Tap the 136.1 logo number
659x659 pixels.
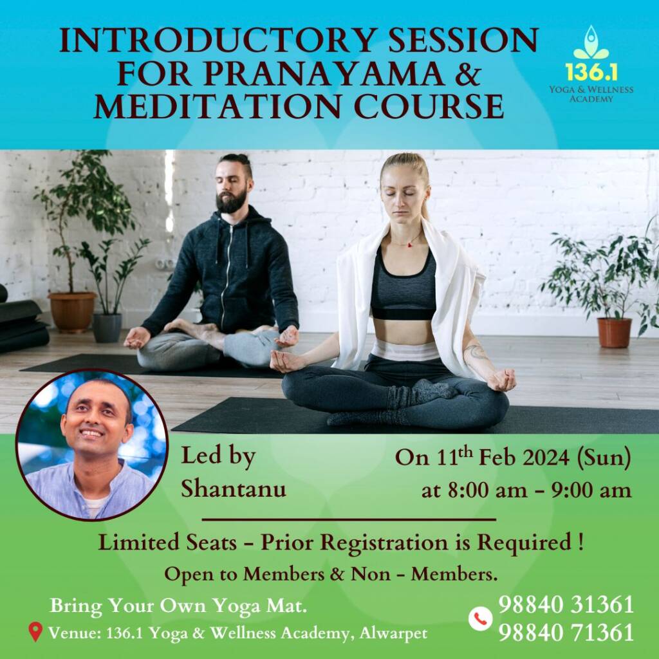(x=591, y=72)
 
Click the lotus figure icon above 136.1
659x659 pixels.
(x=591, y=42)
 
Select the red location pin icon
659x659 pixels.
(x=35, y=632)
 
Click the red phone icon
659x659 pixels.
(x=480, y=618)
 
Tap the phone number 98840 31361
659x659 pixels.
(x=566, y=605)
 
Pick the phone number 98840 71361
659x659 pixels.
(x=566, y=633)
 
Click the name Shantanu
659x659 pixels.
(x=233, y=488)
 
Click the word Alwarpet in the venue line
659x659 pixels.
(x=393, y=633)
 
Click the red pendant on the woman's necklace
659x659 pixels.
(x=409, y=245)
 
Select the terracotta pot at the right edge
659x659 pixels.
(x=614, y=333)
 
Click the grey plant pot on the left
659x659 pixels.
(x=107, y=328)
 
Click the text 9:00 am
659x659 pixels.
(x=591, y=490)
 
